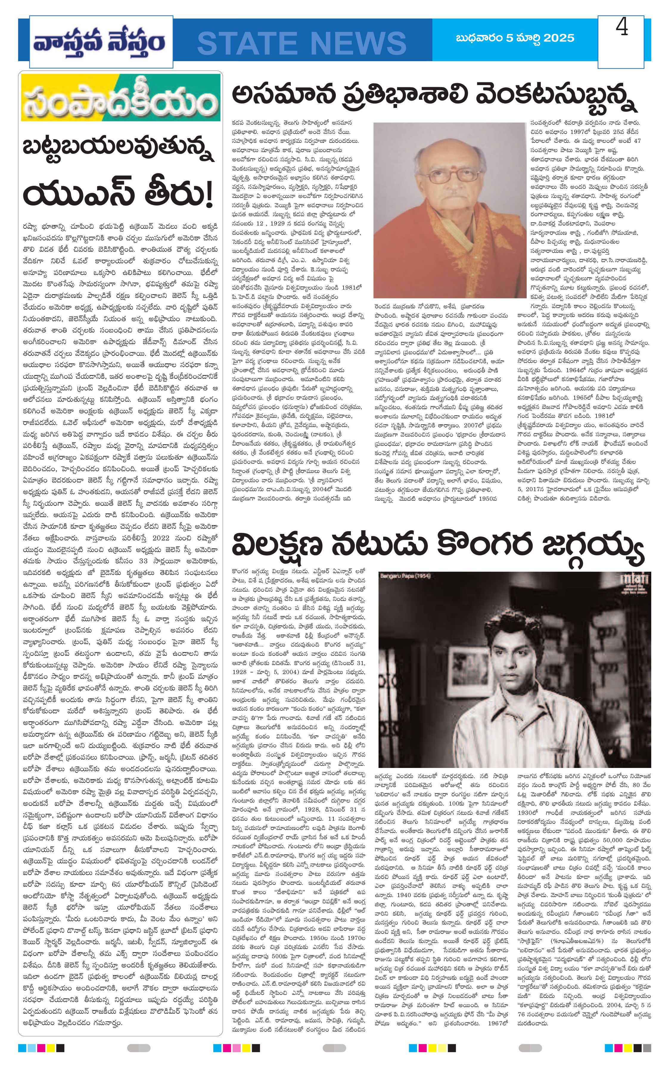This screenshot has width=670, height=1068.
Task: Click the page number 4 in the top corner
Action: [622, 28]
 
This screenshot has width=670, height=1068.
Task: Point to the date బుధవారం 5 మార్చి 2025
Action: [515, 38]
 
